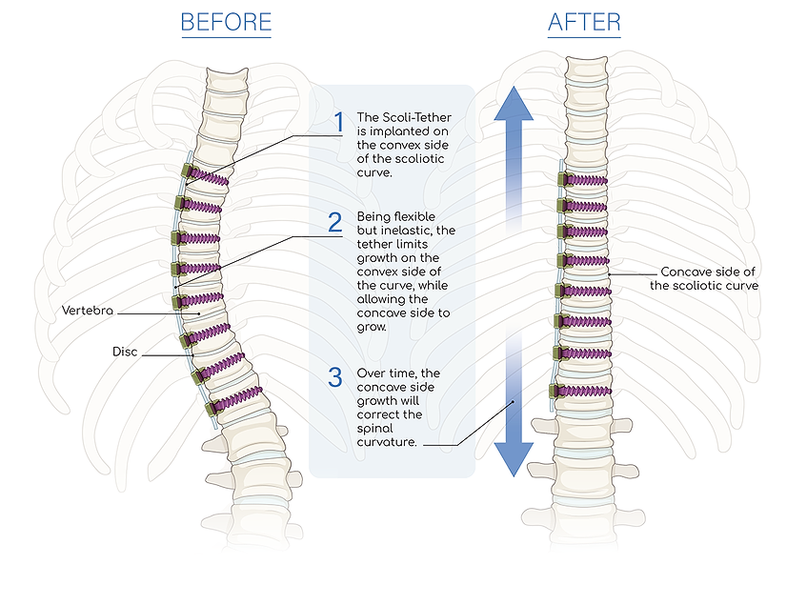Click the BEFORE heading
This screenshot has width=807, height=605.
point(226,22)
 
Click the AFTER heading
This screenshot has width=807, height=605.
point(583,22)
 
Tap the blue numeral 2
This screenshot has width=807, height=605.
point(334,223)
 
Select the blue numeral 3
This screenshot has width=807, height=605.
point(334,377)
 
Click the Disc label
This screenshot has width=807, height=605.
point(124,352)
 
